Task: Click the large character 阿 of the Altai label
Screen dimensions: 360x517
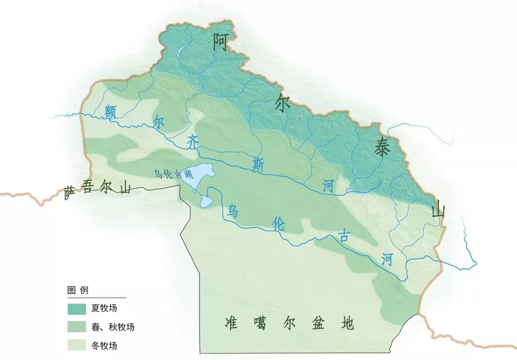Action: point(220,43)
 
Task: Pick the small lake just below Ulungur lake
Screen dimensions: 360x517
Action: point(206,200)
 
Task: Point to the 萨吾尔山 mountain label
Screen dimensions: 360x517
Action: point(98,189)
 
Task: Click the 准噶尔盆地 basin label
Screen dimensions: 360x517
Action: point(289,323)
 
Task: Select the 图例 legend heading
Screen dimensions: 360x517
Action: point(78,291)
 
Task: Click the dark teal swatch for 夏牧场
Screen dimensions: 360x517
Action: point(77,309)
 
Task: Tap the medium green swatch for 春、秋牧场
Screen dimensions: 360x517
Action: point(77,327)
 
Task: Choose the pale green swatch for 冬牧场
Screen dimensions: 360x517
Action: point(77,346)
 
